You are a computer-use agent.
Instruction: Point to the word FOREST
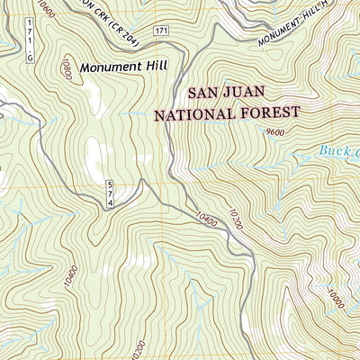click(x=272, y=114)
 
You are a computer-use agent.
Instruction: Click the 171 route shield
click(x=160, y=31)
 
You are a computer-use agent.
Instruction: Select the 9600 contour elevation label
click(x=277, y=132)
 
